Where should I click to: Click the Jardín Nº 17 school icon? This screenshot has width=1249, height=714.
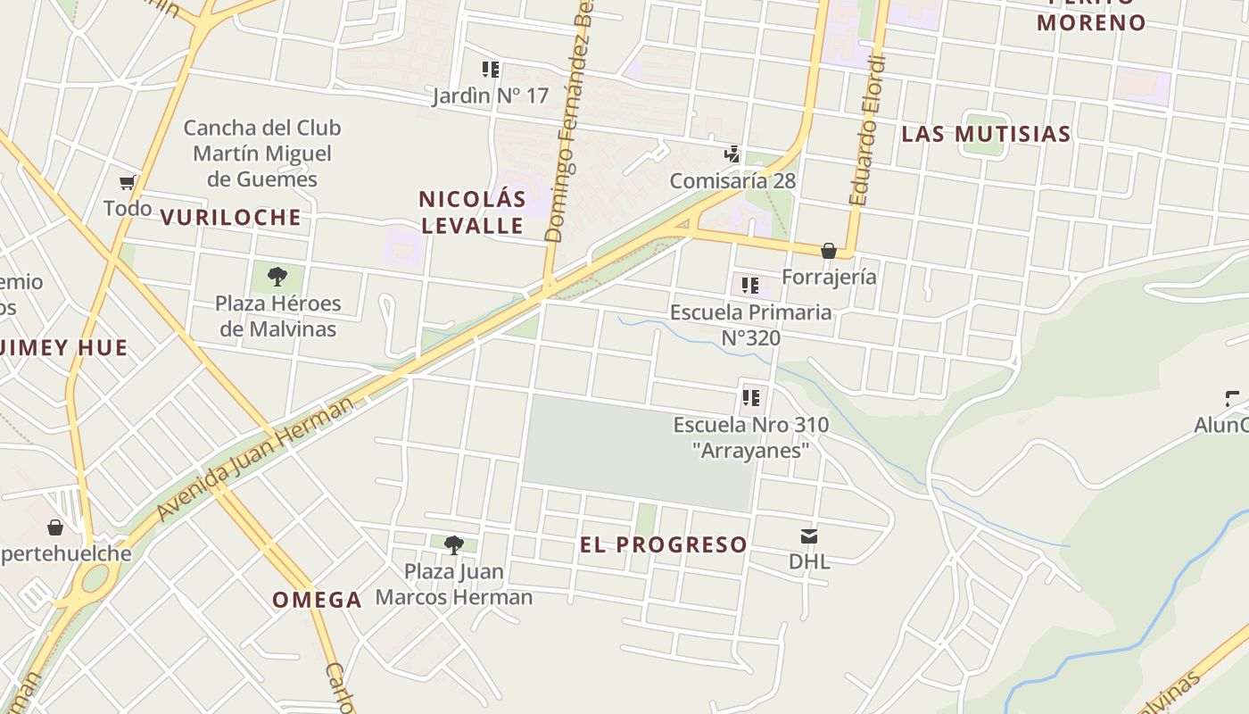pos(490,69)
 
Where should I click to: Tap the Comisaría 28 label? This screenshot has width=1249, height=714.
pos(732,180)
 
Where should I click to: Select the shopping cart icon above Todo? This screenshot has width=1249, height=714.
pos(128,182)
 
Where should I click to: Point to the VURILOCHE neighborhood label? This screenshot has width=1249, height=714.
pos(231,217)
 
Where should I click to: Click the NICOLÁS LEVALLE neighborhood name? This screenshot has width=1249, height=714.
pos(472,212)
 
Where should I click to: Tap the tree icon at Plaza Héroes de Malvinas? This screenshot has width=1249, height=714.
pos(277,276)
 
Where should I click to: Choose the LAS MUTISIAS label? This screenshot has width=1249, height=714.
pos(986,134)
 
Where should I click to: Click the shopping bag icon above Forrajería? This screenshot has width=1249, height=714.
pos(829,251)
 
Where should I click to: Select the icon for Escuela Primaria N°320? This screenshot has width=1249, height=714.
pos(750,286)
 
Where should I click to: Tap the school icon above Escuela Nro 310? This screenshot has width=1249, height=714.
pos(751,397)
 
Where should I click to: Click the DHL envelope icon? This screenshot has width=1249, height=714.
pos(809,535)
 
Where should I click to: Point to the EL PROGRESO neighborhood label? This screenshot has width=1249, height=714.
pos(664,544)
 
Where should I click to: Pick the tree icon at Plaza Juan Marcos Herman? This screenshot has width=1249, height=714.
pos(454,544)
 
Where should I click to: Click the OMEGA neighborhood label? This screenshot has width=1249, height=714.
pos(318,600)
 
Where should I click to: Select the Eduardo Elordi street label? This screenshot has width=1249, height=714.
pos(868,130)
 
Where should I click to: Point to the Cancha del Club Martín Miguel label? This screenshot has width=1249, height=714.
pos(262,153)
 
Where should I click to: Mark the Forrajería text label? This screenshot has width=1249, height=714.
pos(829,277)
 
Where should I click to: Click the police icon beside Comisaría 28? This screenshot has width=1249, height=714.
pos(732,154)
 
